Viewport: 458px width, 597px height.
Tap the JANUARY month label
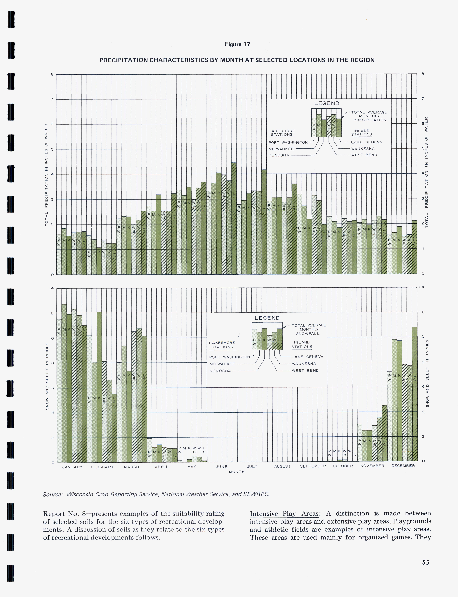coord(72,467)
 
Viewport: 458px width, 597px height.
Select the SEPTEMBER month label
coord(313,466)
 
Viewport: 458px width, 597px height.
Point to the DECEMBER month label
coord(403,466)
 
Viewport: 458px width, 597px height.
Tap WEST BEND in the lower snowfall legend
coord(305,370)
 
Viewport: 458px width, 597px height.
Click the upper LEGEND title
coord(327,103)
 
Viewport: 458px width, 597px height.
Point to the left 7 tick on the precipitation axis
coord(52,99)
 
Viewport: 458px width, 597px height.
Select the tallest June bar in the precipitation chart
coord(234,218)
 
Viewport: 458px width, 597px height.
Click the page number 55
coord(425,562)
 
